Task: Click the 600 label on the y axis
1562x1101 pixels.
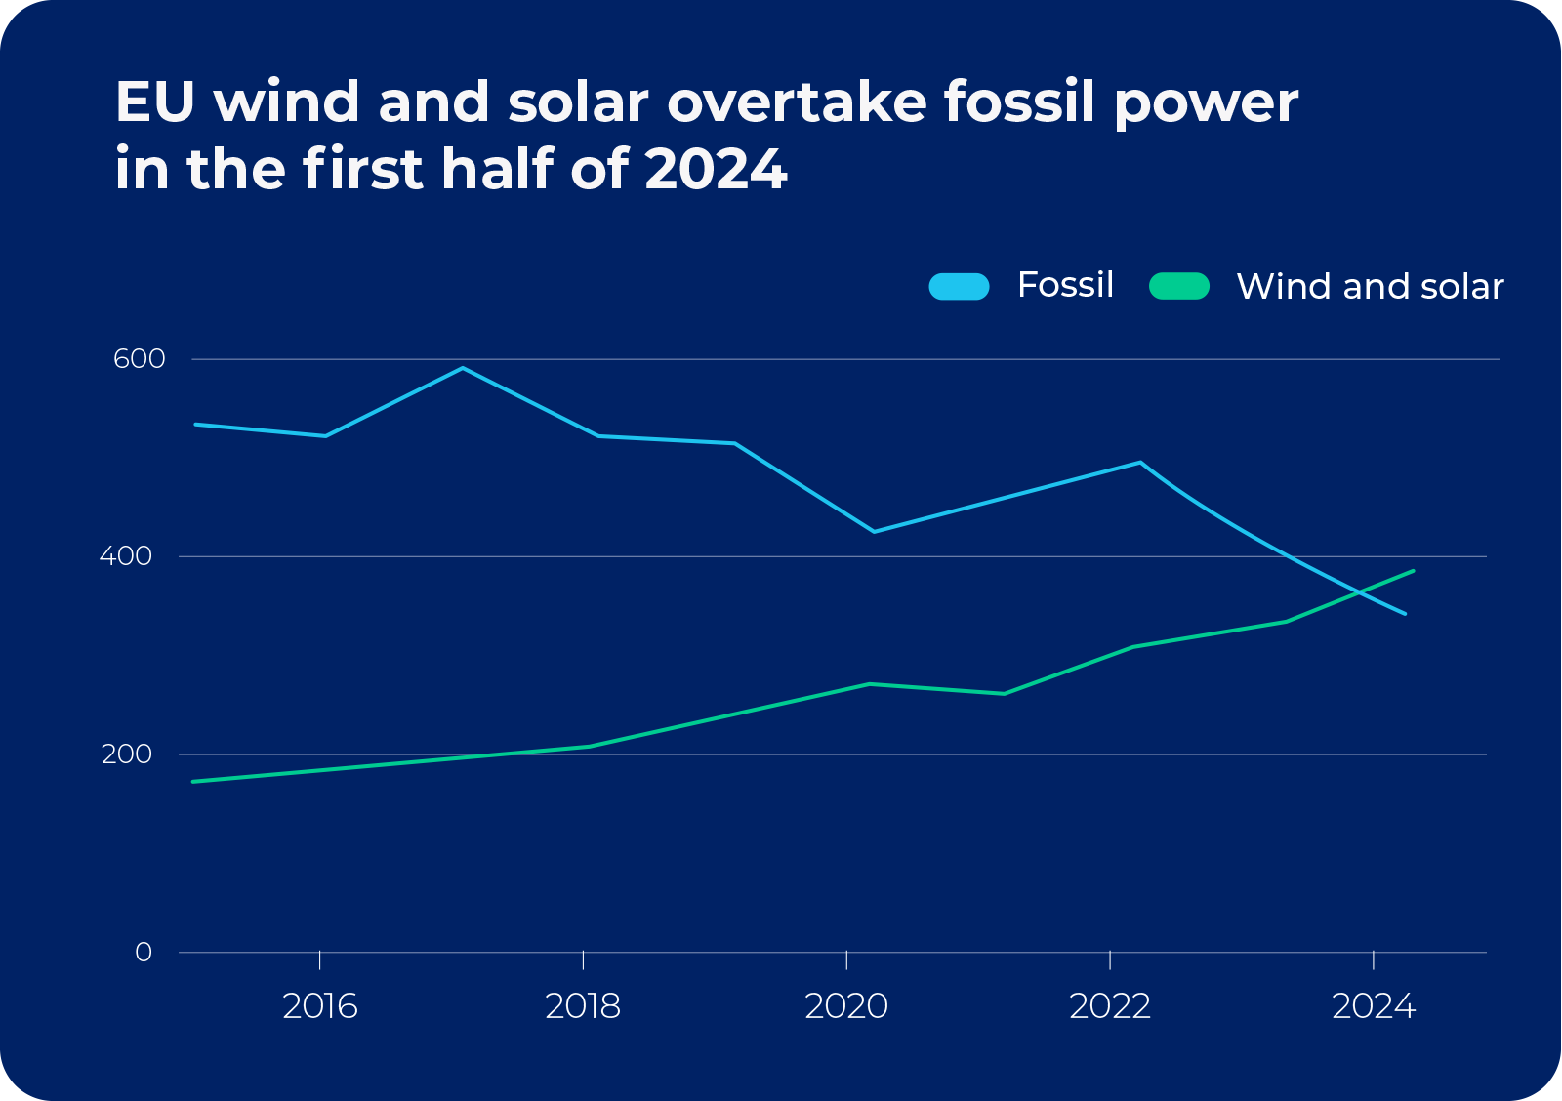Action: coord(140,359)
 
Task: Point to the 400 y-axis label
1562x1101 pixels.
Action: coord(126,556)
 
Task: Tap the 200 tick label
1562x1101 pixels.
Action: coord(127,754)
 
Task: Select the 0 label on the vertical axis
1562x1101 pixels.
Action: coord(144,953)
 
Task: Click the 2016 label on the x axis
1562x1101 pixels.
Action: coord(320,1006)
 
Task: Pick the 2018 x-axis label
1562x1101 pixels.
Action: coord(583,1006)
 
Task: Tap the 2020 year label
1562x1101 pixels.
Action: coord(846,1006)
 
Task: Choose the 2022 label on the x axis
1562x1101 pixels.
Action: coord(1110,1006)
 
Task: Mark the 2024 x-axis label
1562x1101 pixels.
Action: coord(1374,1006)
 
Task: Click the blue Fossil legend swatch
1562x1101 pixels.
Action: coord(959,286)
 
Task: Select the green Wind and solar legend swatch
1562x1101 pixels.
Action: coord(1179,286)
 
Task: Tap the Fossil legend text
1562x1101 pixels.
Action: coord(1065,285)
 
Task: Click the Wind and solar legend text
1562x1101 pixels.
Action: coord(1370,287)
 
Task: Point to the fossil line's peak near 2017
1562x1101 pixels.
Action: coord(463,368)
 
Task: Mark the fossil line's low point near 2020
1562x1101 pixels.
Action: coord(873,532)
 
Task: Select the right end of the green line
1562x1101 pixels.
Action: coord(1413,571)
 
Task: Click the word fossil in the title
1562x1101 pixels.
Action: coord(1018,102)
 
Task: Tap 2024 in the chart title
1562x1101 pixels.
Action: coord(716,169)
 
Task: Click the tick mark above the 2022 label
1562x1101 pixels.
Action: coord(1110,959)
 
